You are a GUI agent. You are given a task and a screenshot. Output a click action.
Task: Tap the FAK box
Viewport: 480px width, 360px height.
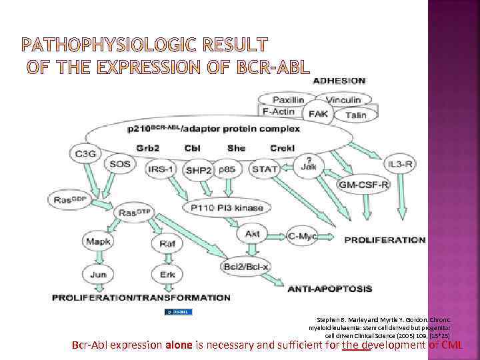tap(318, 114)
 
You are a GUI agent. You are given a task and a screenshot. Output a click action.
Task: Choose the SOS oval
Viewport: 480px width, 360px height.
tap(120, 164)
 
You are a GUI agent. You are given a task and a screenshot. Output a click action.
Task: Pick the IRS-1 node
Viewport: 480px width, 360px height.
tap(162, 169)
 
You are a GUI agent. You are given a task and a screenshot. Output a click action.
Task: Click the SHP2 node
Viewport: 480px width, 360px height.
tap(198, 170)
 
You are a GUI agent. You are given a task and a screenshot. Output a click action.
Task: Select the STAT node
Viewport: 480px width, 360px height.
tap(265, 169)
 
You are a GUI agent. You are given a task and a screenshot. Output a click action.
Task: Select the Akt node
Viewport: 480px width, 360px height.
tap(252, 234)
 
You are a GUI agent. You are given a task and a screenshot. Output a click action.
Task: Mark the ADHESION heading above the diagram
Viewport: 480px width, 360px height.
tap(339, 80)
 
